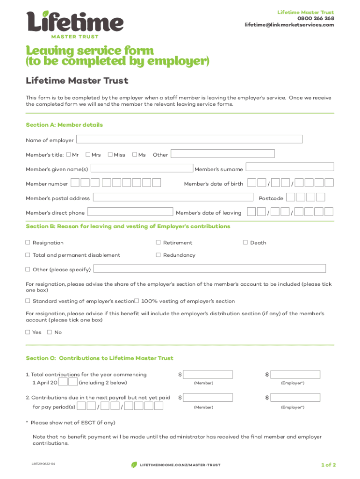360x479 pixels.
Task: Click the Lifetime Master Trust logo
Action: [x=75, y=24]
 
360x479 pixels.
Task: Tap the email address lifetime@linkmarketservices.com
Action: [x=289, y=25]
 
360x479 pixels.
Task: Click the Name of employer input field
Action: [x=189, y=139]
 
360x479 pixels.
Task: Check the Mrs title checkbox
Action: [x=88, y=154]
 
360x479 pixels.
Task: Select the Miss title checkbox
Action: [x=110, y=154]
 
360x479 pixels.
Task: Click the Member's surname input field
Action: [x=290, y=167]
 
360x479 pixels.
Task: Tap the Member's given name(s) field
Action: [x=142, y=168]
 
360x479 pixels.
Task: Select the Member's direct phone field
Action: [x=130, y=212]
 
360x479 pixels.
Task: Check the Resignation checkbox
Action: [x=28, y=242]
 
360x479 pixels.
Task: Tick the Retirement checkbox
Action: [x=158, y=242]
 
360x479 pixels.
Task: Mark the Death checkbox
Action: [x=245, y=242]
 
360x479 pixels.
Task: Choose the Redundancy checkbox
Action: [x=158, y=255]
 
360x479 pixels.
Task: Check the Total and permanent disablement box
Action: [x=28, y=255]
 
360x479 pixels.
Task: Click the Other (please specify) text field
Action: [x=210, y=269]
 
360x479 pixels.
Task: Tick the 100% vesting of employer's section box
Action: [x=137, y=301]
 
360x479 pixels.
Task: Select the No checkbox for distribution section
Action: [x=50, y=332]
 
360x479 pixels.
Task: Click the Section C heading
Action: [x=99, y=358]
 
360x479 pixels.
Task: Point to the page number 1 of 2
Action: [x=328, y=464]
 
